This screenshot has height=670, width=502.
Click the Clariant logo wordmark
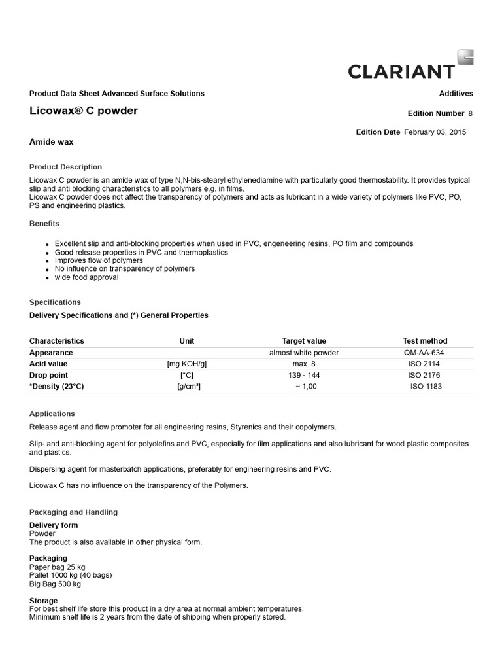(401, 71)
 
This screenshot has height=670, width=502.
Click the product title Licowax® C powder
(84, 111)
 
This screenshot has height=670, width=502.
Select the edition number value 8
(470, 113)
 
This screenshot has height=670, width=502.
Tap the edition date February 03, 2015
(435, 132)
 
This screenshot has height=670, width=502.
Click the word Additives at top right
(456, 94)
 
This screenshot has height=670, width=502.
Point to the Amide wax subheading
(52, 141)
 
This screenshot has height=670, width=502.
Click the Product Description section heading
(65, 167)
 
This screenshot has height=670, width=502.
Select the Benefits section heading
(44, 224)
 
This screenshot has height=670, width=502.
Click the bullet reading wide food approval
(86, 277)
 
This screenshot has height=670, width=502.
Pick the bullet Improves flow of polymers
(99, 260)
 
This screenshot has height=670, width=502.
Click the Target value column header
(304, 341)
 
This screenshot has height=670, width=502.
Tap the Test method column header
(425, 341)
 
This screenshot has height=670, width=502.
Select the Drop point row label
(49, 376)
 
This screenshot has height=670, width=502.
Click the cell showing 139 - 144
(304, 376)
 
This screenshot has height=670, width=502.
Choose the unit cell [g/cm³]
(188, 387)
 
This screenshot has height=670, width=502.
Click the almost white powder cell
(304, 353)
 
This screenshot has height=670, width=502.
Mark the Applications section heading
(52, 414)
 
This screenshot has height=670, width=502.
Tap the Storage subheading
(44, 601)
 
